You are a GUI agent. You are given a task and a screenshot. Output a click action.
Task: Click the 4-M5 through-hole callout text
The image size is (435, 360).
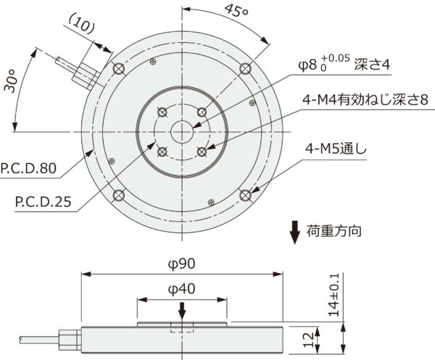(x=336, y=150)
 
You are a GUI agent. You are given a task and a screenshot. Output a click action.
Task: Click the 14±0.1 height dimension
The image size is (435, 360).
(x=334, y=294)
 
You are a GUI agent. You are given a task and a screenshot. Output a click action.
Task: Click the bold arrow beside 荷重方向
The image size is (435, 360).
(x=295, y=232)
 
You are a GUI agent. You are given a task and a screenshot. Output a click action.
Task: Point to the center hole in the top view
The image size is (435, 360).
(x=182, y=131)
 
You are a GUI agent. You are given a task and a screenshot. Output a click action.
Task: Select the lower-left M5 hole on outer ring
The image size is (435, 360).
(x=119, y=195)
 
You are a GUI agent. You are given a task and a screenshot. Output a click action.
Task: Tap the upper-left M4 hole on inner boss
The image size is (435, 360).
(x=162, y=111)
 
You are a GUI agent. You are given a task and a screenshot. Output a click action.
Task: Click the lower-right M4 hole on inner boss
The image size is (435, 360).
(x=202, y=152)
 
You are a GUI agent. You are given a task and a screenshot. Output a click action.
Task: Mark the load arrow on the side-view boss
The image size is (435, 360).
(x=182, y=310)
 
